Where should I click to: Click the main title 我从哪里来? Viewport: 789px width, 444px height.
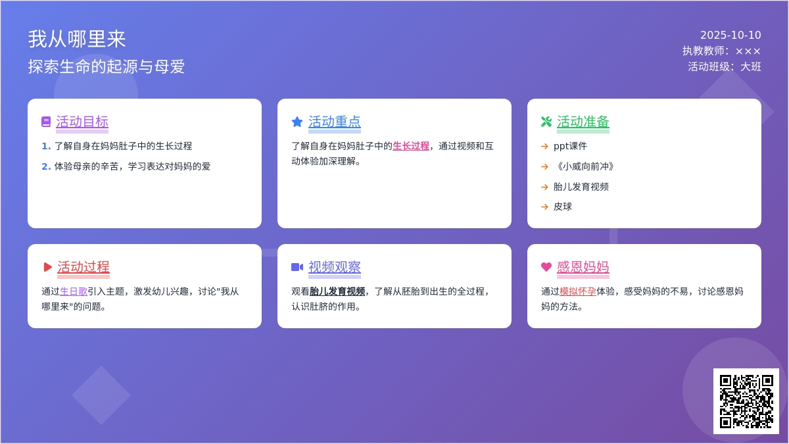pyautogui.click(x=77, y=39)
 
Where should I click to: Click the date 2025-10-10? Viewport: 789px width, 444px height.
pyautogui.click(x=730, y=36)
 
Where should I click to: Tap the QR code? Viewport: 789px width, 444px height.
pyautogui.click(x=746, y=401)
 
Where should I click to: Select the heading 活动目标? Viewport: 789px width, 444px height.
pyautogui.click(x=82, y=122)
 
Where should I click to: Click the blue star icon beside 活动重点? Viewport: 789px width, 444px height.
pyautogui.click(x=297, y=122)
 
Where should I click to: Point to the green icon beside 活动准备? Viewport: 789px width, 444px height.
pyautogui.click(x=546, y=122)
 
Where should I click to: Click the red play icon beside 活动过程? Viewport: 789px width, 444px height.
pyautogui.click(x=47, y=267)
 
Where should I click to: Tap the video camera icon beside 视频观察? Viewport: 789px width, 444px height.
pyautogui.click(x=297, y=267)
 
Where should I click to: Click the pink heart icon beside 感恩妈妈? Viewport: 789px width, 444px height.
pyautogui.click(x=546, y=267)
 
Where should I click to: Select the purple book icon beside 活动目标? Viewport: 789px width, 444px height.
pyautogui.click(x=46, y=122)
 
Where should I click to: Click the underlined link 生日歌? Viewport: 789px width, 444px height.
pyautogui.click(x=74, y=291)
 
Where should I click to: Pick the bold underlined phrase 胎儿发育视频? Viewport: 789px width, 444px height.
pyautogui.click(x=337, y=291)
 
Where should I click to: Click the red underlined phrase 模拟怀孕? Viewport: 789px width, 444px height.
pyautogui.click(x=578, y=291)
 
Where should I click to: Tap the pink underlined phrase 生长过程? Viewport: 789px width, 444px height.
pyautogui.click(x=411, y=146)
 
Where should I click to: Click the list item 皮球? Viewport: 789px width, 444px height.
pyautogui.click(x=563, y=207)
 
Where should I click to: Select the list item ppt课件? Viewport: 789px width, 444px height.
pyautogui.click(x=570, y=146)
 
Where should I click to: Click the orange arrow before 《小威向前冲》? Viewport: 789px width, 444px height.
pyautogui.click(x=544, y=166)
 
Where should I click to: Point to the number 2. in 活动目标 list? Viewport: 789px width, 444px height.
pyautogui.click(x=46, y=166)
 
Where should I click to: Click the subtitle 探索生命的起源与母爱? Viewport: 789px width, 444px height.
pyautogui.click(x=107, y=66)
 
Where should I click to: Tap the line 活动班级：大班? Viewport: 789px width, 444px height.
pyautogui.click(x=725, y=66)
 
